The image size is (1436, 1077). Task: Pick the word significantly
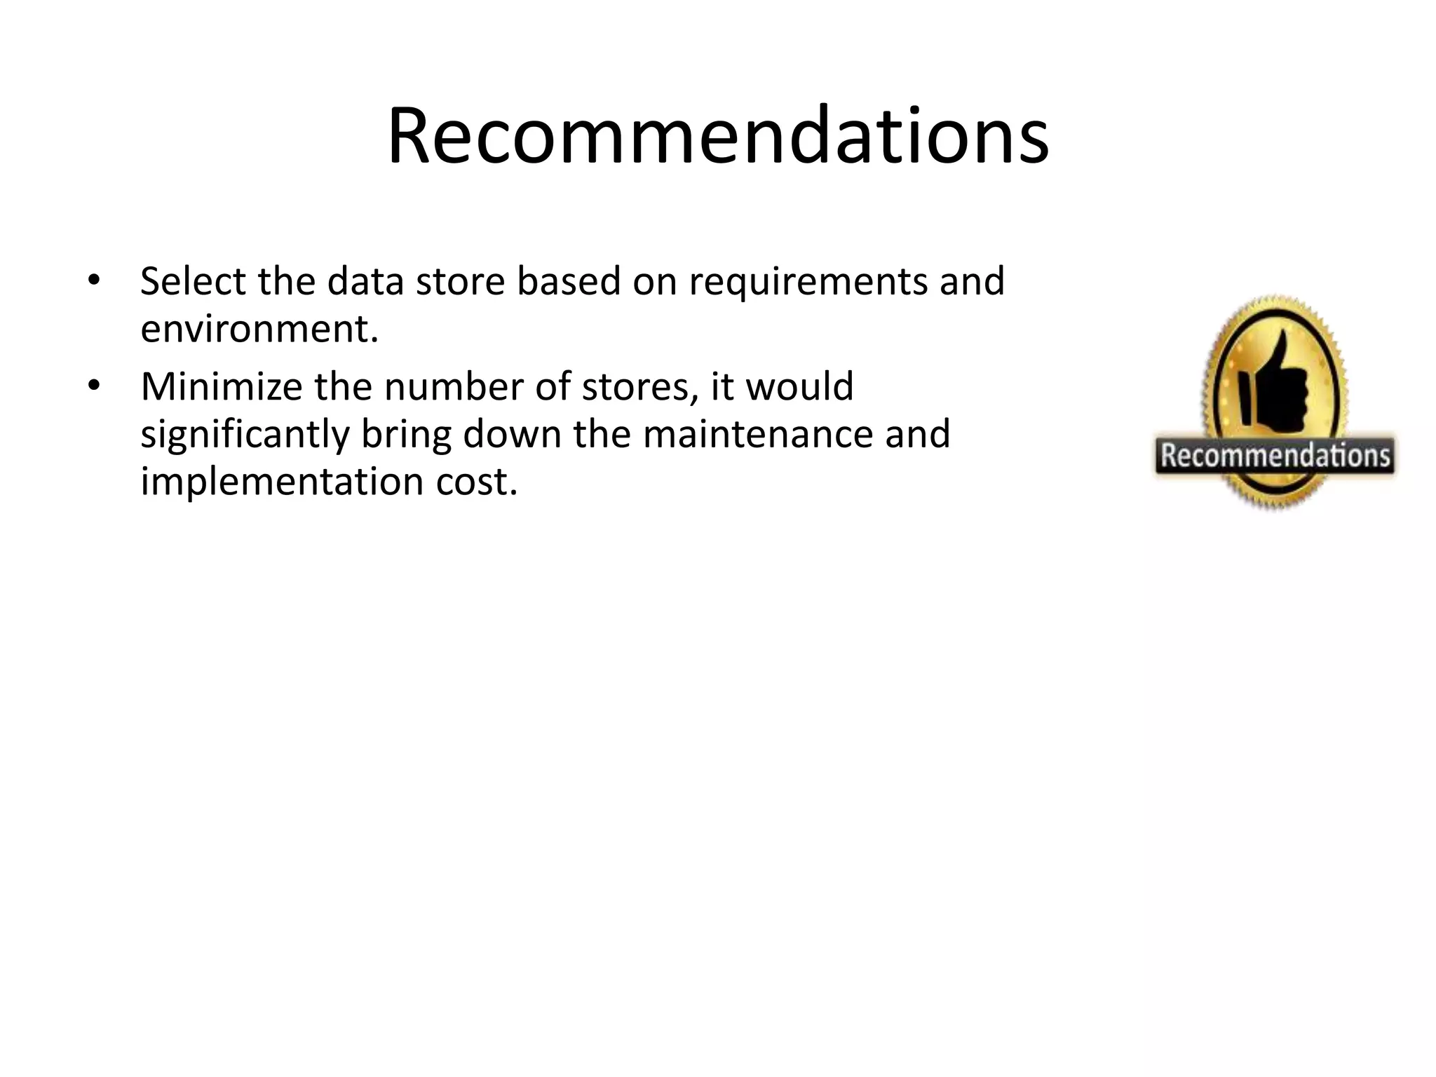coord(245,435)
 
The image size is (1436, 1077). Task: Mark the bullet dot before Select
coord(94,281)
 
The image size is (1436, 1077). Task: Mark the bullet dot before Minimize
coord(94,386)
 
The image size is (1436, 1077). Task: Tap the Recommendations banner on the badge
coord(1275,456)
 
